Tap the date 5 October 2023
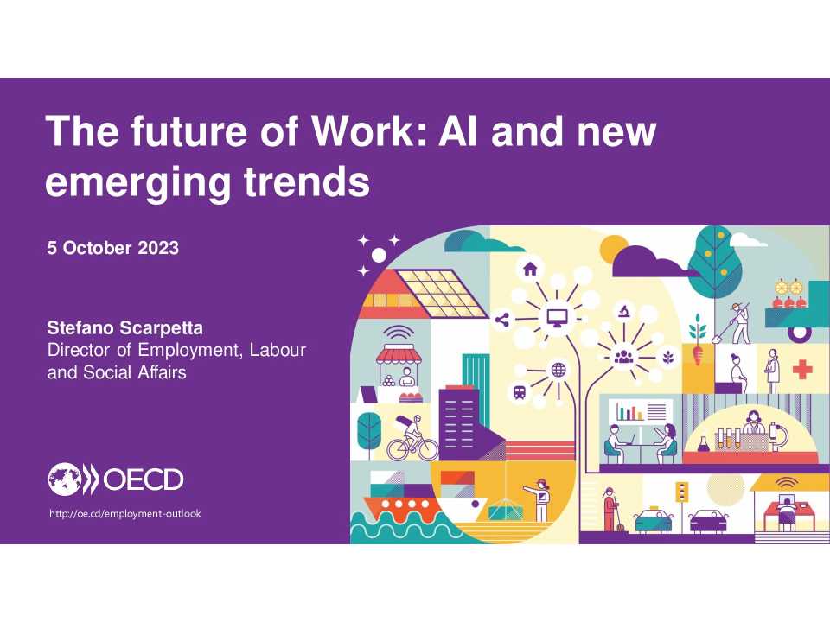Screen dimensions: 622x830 pyautogui.click(x=112, y=248)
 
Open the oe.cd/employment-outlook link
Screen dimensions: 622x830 pyautogui.click(x=125, y=514)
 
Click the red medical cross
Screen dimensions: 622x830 pyautogui.click(x=803, y=370)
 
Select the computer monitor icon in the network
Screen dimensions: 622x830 pyautogui.click(x=553, y=319)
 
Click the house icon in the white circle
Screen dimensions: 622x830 pyautogui.click(x=529, y=269)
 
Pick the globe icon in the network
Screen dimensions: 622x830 pyautogui.click(x=559, y=370)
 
